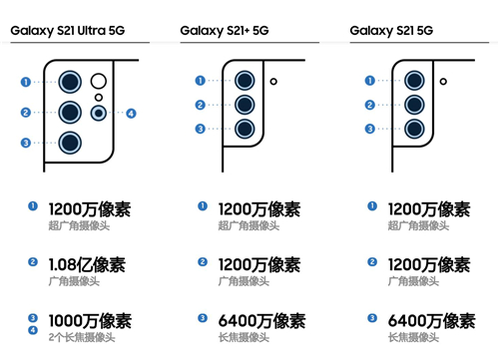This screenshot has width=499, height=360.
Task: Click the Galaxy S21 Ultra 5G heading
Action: pyautogui.click(x=68, y=31)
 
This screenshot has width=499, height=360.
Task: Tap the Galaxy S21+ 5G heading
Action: pyautogui.click(x=225, y=31)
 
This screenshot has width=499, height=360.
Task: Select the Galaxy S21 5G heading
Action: pyautogui.click(x=391, y=31)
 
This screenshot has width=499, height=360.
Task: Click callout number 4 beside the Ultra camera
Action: pyautogui.click(x=131, y=114)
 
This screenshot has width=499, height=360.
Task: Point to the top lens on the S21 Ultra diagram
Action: pyautogui.click(x=70, y=82)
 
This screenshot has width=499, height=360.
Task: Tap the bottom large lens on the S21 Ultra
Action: pyautogui.click(x=70, y=143)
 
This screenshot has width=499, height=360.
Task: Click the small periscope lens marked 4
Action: pyautogui.click(x=99, y=113)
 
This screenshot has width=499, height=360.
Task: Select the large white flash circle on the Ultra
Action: pyautogui.click(x=99, y=81)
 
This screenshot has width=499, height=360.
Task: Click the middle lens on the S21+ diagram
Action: pyautogui.click(x=245, y=105)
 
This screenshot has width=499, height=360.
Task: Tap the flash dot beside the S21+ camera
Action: pyautogui.click(x=273, y=81)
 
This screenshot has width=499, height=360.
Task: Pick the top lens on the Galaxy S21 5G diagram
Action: pyautogui.click(x=414, y=81)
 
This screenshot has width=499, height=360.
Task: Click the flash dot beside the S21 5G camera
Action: pyautogui.click(x=443, y=81)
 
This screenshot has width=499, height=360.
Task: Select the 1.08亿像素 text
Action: pyautogui.click(x=87, y=265)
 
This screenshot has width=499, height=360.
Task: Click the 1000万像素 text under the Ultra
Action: pyautogui.click(x=90, y=321)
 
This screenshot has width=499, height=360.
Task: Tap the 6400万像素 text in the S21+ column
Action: pyautogui.click(x=261, y=321)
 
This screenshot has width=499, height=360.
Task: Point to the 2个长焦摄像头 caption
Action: pyautogui.click(x=82, y=337)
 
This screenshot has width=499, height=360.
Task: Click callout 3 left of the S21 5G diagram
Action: pyautogui.click(x=369, y=129)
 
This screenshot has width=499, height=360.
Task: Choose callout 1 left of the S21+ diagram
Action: pyautogui.click(x=200, y=81)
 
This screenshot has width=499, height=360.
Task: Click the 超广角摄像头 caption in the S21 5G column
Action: pyautogui.click(x=418, y=225)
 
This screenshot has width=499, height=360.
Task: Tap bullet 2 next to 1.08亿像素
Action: pyautogui.click(x=33, y=262)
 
